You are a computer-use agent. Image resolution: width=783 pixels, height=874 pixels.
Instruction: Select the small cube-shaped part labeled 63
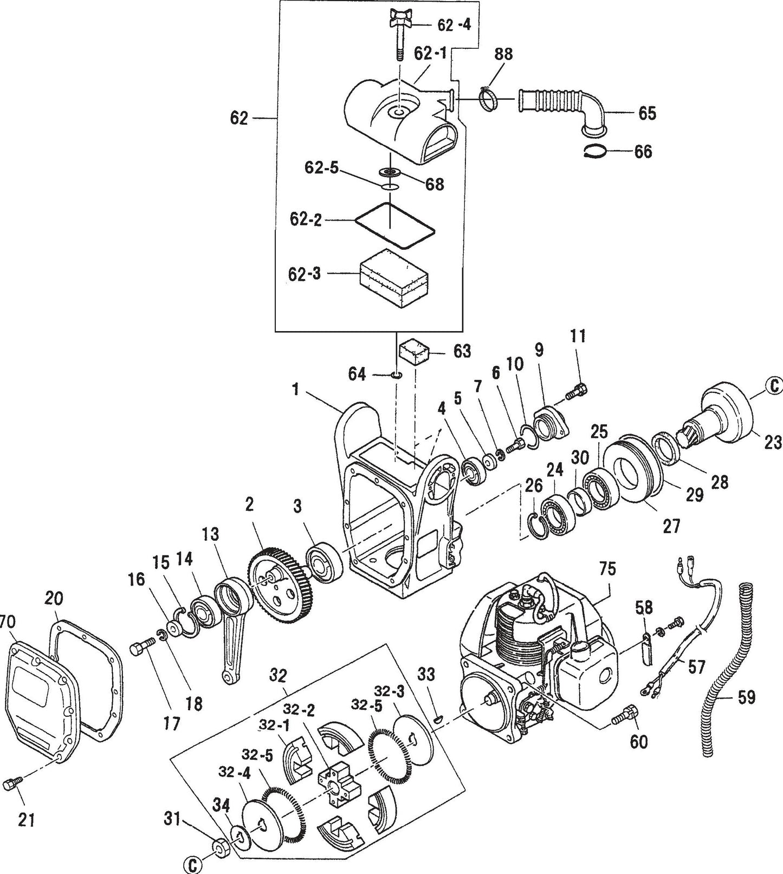(414, 353)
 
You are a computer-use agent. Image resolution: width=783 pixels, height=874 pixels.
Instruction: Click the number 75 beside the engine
(607, 568)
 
